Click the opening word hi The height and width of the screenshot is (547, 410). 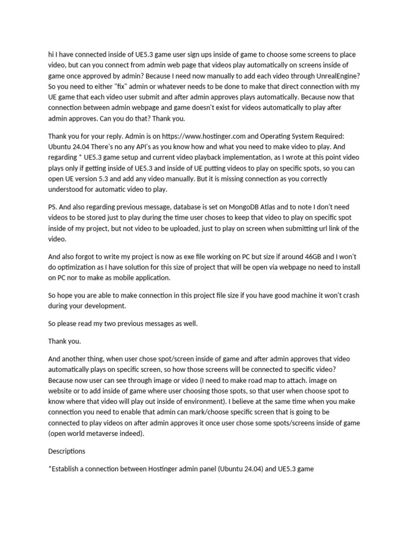click(51, 54)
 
